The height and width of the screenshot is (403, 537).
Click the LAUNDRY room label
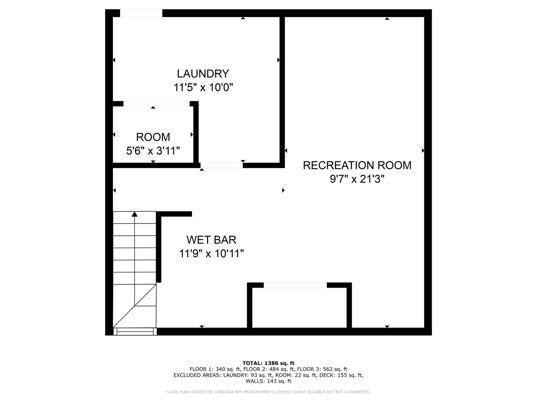(x=203, y=74)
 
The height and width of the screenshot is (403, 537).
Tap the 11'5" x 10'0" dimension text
(x=203, y=87)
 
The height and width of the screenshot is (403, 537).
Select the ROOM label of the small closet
(x=153, y=137)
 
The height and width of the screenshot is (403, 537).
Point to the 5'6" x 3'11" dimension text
(x=153, y=151)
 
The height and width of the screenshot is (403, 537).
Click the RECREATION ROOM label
(x=357, y=165)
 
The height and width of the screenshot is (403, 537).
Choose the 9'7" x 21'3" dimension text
(x=357, y=179)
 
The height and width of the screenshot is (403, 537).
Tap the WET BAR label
(x=211, y=240)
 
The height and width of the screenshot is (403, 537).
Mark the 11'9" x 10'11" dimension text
(x=211, y=254)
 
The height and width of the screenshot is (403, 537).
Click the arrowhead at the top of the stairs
(x=135, y=214)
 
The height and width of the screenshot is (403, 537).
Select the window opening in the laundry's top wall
(x=141, y=13)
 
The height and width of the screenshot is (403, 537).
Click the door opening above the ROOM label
(x=156, y=104)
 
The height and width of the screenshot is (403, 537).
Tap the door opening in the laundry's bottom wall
(x=222, y=165)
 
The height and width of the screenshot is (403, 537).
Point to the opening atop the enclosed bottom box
(x=295, y=285)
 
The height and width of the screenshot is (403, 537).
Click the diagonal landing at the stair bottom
(x=135, y=306)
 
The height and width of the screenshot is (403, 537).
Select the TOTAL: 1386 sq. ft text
(x=268, y=363)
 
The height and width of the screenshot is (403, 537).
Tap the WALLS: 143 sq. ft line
(x=268, y=381)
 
